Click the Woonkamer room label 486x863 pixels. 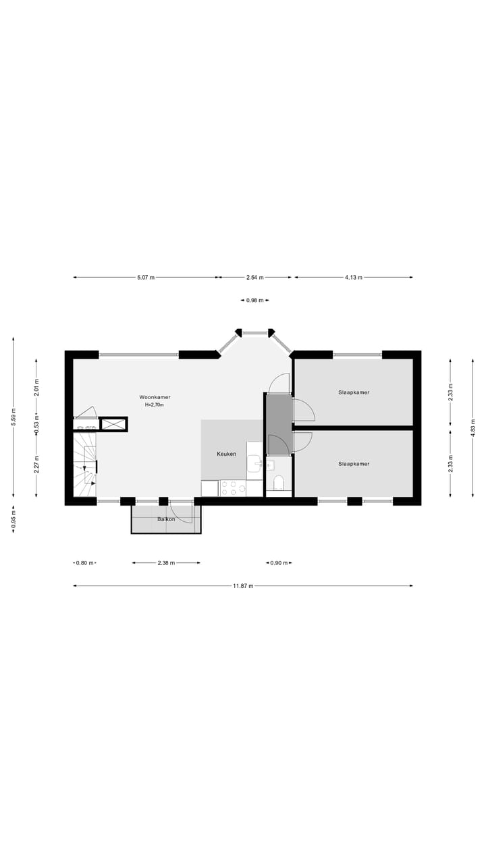[155, 397]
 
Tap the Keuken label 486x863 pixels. [226, 454]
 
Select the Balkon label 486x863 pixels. [166, 519]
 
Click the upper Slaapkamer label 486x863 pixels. [354, 392]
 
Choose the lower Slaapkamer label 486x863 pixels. [354, 464]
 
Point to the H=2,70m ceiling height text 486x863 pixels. [155, 405]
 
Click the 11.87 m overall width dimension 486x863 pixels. [243, 586]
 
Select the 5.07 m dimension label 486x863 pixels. [146, 277]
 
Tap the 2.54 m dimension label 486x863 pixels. [255, 277]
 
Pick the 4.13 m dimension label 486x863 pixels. [354, 277]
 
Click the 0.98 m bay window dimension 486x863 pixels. [255, 301]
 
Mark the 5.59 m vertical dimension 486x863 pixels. [13, 418]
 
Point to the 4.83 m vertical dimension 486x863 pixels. [473, 427]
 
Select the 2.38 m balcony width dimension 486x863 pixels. [166, 563]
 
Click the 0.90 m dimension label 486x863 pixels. [279, 563]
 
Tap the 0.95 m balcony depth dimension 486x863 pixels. [13, 519]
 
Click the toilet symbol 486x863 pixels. [279, 482]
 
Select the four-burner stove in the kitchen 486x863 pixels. [233, 487]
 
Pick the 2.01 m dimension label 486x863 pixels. [36, 388]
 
